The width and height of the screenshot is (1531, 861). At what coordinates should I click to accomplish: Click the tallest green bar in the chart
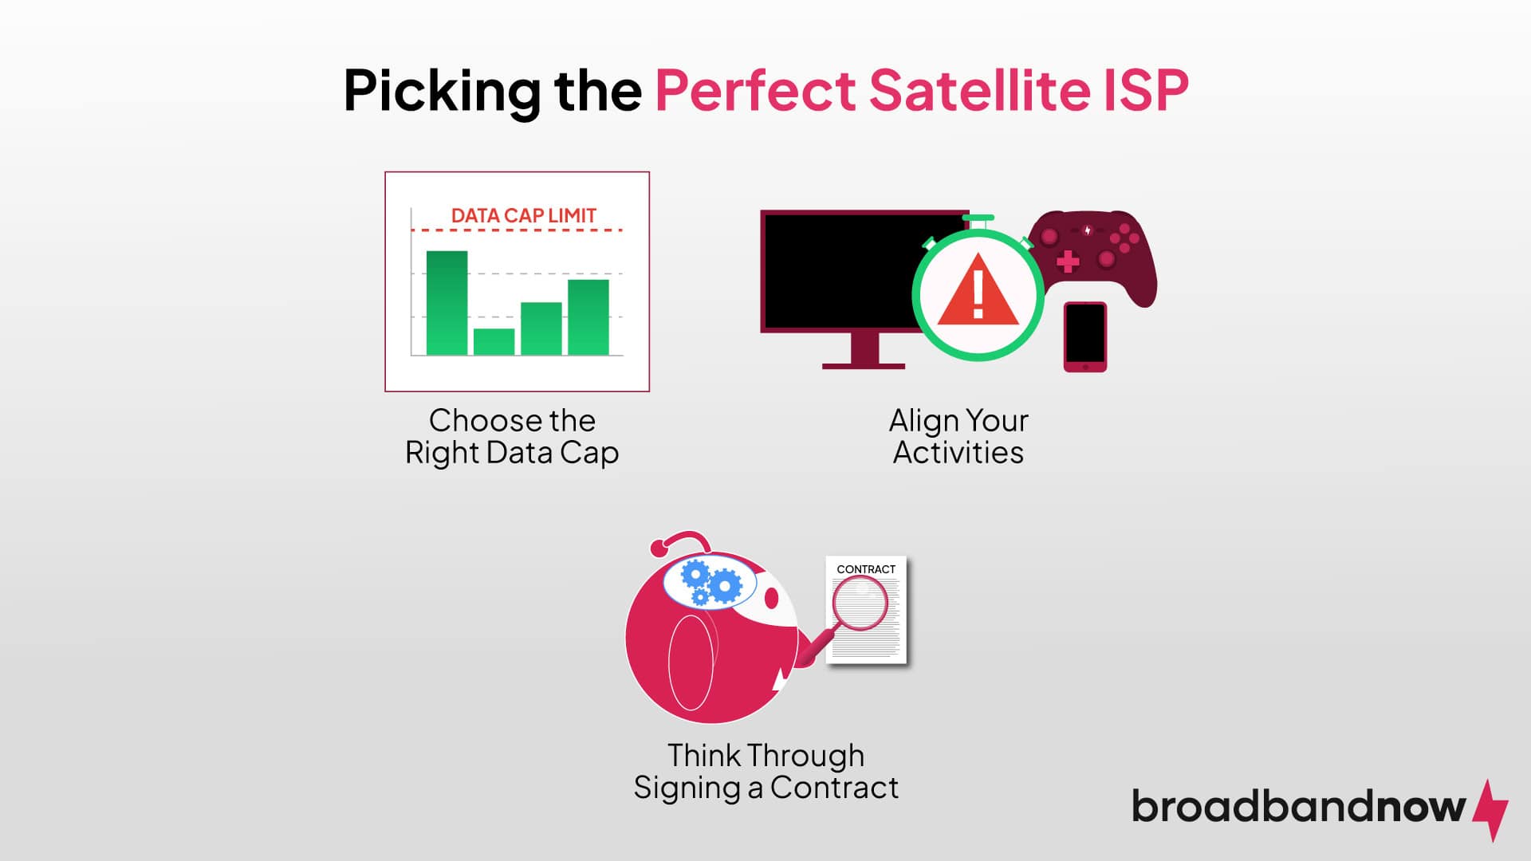pos(447,303)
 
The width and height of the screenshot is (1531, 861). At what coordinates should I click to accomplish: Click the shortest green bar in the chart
pos(494,342)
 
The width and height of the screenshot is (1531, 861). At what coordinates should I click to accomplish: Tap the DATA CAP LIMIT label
pos(523,215)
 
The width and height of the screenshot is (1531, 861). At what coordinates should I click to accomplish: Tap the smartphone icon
pos(1084,336)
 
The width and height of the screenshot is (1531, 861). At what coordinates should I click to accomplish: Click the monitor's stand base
pos(863,365)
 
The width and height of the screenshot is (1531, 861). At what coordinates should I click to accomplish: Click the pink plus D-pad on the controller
pos(1068,261)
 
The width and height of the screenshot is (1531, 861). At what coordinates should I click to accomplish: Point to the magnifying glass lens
pos(860,603)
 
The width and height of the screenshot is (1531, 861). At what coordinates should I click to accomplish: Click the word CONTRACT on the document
pos(866,569)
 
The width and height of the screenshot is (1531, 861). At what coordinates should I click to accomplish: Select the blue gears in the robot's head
pos(710,583)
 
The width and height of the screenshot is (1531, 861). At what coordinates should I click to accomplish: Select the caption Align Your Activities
pos(958,436)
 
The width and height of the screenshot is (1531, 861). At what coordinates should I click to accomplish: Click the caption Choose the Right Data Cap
pos(512,436)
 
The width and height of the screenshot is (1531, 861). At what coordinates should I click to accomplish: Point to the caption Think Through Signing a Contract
pos(765,771)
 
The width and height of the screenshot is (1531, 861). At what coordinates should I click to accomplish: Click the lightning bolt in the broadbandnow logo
pos(1490,809)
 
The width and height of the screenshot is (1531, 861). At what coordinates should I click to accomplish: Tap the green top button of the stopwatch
pos(978,218)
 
